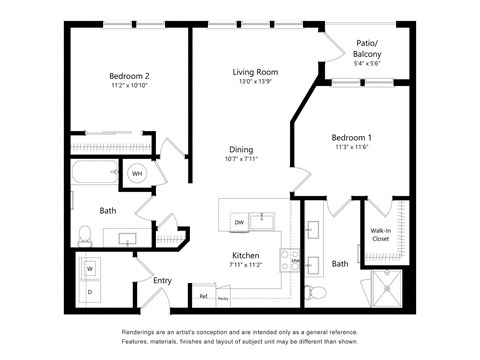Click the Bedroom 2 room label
click(129, 76)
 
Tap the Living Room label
click(255, 72)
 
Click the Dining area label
click(241, 149)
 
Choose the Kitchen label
click(246, 255)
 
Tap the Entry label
click(162, 280)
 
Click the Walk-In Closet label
click(381, 235)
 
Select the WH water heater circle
click(138, 173)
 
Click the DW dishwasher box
click(239, 221)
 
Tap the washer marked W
click(92, 268)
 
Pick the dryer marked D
click(92, 291)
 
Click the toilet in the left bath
click(86, 235)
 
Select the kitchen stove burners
click(288, 260)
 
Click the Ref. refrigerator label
click(203, 297)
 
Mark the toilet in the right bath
click(318, 292)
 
